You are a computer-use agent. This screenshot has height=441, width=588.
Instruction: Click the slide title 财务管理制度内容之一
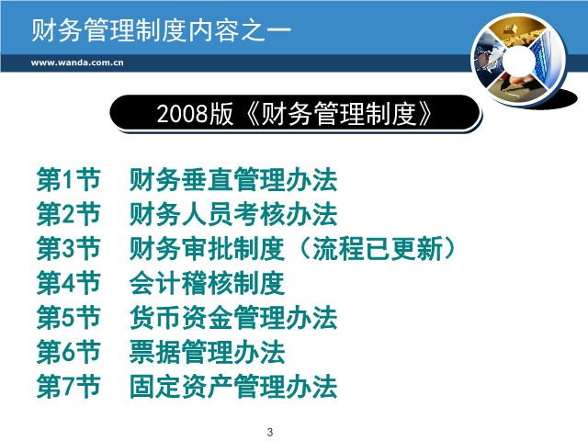[x=161, y=30]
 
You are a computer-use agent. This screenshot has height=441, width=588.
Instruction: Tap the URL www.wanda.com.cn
[x=77, y=62]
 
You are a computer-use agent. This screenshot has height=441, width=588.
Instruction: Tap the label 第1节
[x=69, y=180]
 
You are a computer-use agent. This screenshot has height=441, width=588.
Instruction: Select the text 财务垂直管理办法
[x=233, y=180]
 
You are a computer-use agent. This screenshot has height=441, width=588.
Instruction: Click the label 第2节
[x=69, y=214]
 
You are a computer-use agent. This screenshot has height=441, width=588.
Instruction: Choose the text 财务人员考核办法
[x=233, y=214]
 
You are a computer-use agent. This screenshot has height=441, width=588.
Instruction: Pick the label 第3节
[x=69, y=249]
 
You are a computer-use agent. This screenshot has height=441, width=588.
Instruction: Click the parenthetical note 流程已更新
[x=378, y=249]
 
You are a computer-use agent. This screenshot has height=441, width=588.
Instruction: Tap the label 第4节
[x=69, y=283]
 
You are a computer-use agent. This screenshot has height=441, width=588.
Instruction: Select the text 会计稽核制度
[x=207, y=283]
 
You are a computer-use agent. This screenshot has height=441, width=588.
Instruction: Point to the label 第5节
[x=69, y=318]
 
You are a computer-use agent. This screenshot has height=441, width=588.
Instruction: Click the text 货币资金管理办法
[x=233, y=318]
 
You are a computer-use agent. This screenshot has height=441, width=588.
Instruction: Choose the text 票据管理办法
[x=207, y=352]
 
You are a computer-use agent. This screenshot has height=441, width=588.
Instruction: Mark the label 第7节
[x=69, y=386]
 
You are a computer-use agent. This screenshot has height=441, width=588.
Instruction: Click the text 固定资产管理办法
[x=233, y=386]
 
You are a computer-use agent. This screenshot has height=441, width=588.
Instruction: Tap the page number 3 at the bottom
[x=270, y=432]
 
